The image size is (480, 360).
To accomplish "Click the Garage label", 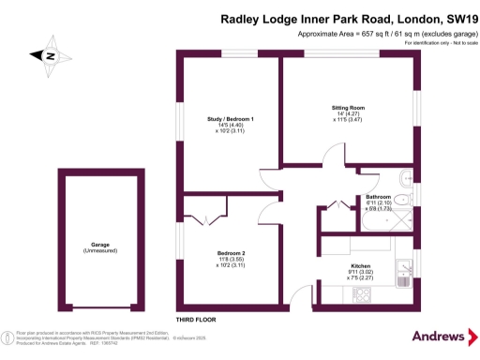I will coord(94,244).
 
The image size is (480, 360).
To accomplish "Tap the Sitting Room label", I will coord(346,108).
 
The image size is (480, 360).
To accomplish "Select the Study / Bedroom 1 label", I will coord(231,119).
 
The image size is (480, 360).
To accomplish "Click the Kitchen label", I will coord(360,265).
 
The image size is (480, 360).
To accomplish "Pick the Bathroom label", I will coord(379,197).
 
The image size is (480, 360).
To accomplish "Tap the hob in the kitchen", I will coord(361,294).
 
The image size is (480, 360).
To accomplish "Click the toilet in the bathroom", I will coord(405,179).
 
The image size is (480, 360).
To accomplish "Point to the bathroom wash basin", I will coord(400,199).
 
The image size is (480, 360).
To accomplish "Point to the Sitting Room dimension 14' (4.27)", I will coord(346,114).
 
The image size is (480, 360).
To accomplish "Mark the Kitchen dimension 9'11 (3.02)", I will coord(360,272).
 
